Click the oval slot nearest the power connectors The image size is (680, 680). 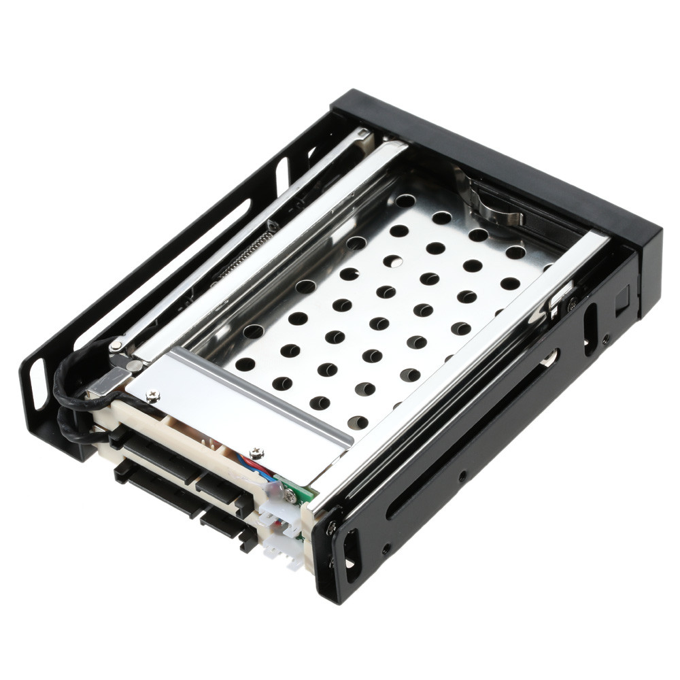(x=351, y=554)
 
